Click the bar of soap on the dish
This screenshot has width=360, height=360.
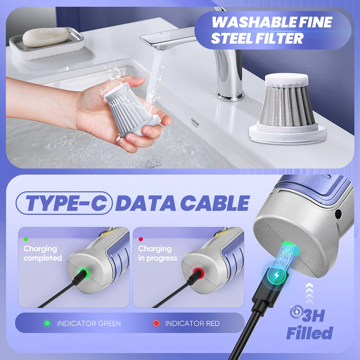[x=45, y=37]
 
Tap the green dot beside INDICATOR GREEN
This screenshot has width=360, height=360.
[x=47, y=323]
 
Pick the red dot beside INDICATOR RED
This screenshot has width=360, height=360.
[x=156, y=323]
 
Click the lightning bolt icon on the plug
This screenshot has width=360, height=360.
[x=276, y=275]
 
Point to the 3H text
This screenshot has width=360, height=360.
[x=314, y=316]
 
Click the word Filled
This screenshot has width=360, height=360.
[x=309, y=333]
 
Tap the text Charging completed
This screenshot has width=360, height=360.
[x=42, y=253]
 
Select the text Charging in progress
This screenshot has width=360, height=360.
[x=157, y=253]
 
